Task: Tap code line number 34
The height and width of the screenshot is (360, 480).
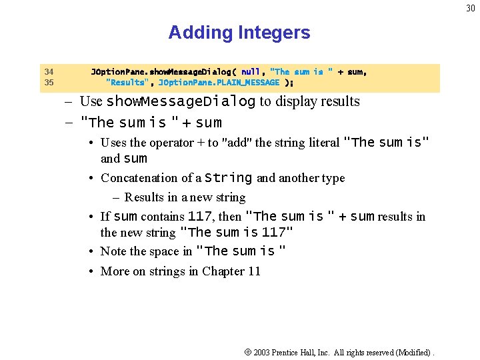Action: point(49,72)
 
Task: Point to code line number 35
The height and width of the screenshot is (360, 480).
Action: point(49,83)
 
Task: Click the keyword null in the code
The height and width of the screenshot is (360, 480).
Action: point(251,72)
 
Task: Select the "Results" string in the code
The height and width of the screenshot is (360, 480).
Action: point(126,83)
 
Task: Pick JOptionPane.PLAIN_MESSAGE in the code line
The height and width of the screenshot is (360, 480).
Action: point(219,83)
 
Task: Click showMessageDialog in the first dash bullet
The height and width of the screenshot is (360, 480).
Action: point(181,102)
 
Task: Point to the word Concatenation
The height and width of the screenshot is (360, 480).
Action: point(141,178)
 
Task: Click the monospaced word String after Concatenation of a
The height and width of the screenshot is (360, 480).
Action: point(229,178)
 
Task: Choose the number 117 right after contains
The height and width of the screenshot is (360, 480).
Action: point(200,217)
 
